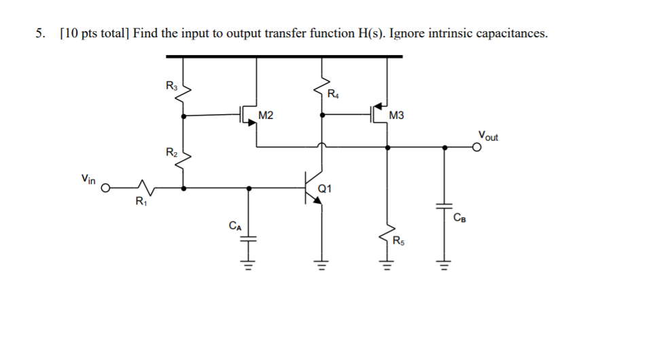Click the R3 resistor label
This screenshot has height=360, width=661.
pyautogui.click(x=171, y=86)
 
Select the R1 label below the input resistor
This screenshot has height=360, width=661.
pyautogui.click(x=140, y=201)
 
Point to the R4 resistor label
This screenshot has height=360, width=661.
pyautogui.click(x=333, y=94)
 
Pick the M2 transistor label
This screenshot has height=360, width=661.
pyautogui.click(x=266, y=116)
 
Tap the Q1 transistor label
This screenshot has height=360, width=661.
pyautogui.click(x=324, y=189)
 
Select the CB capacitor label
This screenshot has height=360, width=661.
pyautogui.click(x=459, y=217)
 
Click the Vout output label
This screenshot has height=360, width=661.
pyautogui.click(x=487, y=136)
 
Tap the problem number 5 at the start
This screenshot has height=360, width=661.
pyautogui.click(x=40, y=33)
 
